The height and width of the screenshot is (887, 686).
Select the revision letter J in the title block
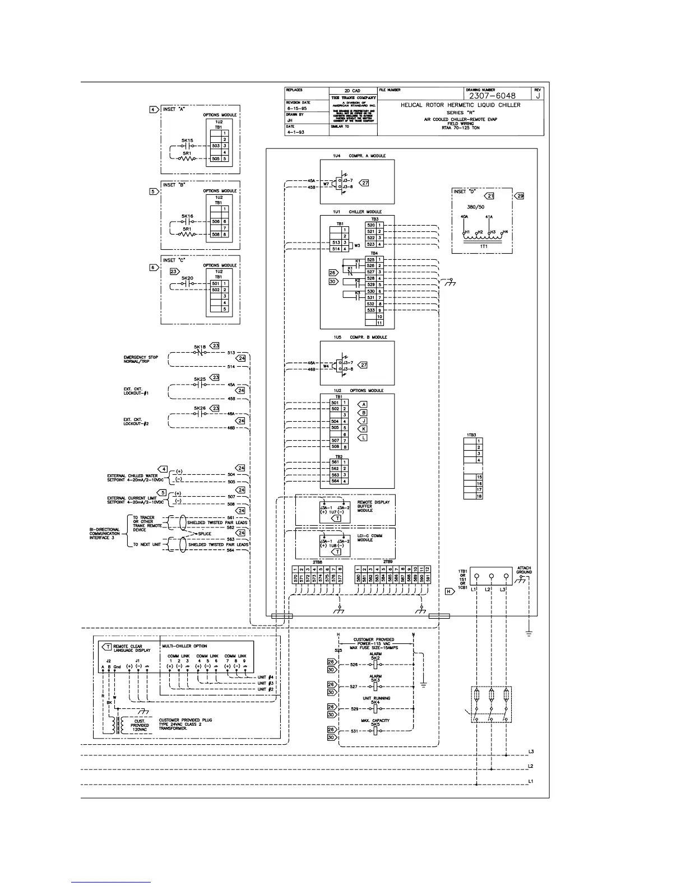tap(537, 96)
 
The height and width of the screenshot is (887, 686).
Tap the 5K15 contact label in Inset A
tap(187, 141)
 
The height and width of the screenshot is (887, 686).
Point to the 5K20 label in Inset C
tap(187, 278)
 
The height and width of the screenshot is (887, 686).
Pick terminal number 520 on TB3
tap(370, 225)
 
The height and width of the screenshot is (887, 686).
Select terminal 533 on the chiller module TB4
tap(370, 310)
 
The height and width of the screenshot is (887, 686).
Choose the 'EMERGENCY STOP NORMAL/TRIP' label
tap(141, 359)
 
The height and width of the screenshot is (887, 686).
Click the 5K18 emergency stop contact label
tap(200, 347)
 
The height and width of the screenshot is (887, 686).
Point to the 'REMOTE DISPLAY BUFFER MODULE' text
tap(373, 506)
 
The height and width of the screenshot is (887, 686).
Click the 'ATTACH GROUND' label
tap(524, 570)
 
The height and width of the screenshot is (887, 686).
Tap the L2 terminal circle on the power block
tap(491, 576)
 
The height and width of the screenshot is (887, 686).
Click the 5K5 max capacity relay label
tap(376, 725)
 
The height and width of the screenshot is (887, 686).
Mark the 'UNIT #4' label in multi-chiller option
tap(266, 678)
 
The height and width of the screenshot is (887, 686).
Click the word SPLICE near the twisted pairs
tap(205, 534)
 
